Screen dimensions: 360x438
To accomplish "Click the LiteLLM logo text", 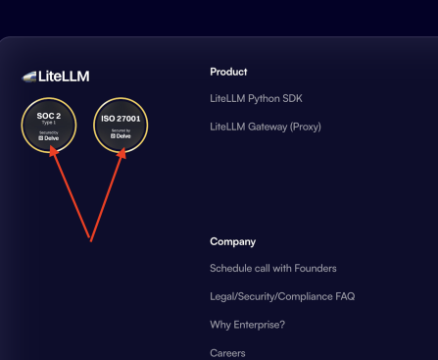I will pos(63,76).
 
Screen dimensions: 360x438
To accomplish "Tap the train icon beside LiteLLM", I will pos(29,76).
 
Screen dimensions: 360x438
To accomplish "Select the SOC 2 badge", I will pos(49,126).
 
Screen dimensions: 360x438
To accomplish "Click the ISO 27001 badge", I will pos(121,126).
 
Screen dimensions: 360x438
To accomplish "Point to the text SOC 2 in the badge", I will pos(49,117).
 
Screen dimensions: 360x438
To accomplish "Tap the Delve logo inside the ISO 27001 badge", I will pos(121,136).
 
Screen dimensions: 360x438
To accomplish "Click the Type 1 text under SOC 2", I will pos(49,125).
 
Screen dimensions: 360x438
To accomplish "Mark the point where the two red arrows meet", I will pos(91,238).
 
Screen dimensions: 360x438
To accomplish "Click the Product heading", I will pos(228,72).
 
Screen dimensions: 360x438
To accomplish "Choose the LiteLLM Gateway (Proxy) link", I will pos(265,127).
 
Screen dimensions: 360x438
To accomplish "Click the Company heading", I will pos(232,241).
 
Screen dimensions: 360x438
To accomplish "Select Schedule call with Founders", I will pos(272,269).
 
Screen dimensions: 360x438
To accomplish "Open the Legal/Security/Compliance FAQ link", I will pos(282,296).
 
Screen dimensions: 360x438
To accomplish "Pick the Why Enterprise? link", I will pos(247,325).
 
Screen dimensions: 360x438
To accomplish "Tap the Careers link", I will pos(227,352).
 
